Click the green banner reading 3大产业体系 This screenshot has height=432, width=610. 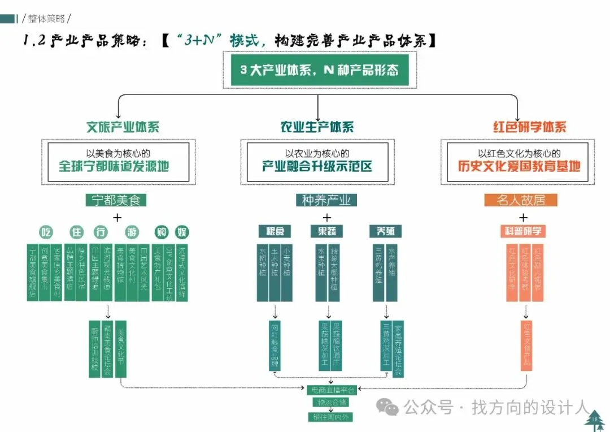click(319, 70)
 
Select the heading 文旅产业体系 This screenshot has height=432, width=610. click(123, 127)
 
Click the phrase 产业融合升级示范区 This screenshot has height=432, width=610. click(317, 166)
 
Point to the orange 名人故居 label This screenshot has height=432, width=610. click(520, 200)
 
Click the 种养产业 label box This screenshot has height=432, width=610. click(326, 200)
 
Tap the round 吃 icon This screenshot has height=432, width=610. click(46, 232)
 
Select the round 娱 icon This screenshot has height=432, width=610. click(182, 232)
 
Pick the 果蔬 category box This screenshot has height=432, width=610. click(326, 231)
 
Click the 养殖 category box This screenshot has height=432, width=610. click(385, 231)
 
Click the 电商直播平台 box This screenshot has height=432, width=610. click(333, 390)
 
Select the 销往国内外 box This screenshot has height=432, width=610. click(333, 417)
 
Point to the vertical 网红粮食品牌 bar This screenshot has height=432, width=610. click(275, 345)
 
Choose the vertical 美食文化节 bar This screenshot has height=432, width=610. click(120, 348)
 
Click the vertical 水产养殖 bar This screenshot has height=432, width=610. click(392, 272)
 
